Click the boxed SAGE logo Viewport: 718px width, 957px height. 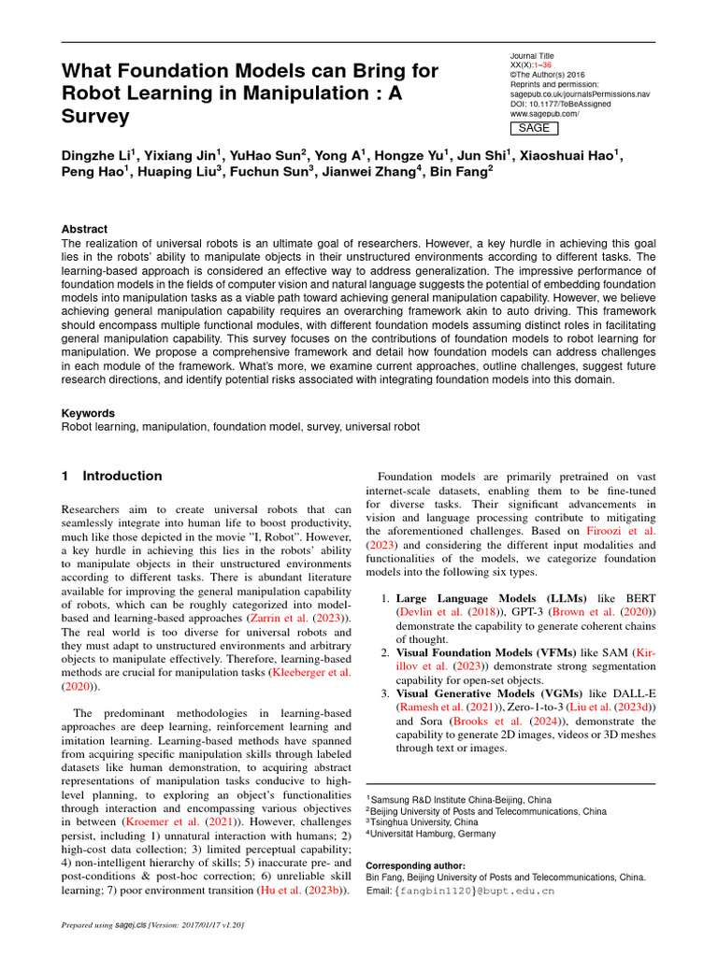(x=534, y=128)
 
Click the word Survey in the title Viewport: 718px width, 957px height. (x=95, y=118)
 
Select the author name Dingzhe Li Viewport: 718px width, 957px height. (x=98, y=155)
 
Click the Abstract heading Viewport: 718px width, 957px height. (x=84, y=229)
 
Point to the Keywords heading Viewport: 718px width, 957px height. (x=88, y=413)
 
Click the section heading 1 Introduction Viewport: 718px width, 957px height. (x=111, y=477)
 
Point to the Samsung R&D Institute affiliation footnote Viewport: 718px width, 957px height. (x=460, y=800)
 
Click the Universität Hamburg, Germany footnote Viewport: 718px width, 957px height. (x=433, y=834)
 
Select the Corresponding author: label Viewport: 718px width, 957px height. (x=415, y=865)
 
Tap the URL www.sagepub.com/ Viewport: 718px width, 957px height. (x=544, y=114)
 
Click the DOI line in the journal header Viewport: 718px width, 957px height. (x=560, y=104)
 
